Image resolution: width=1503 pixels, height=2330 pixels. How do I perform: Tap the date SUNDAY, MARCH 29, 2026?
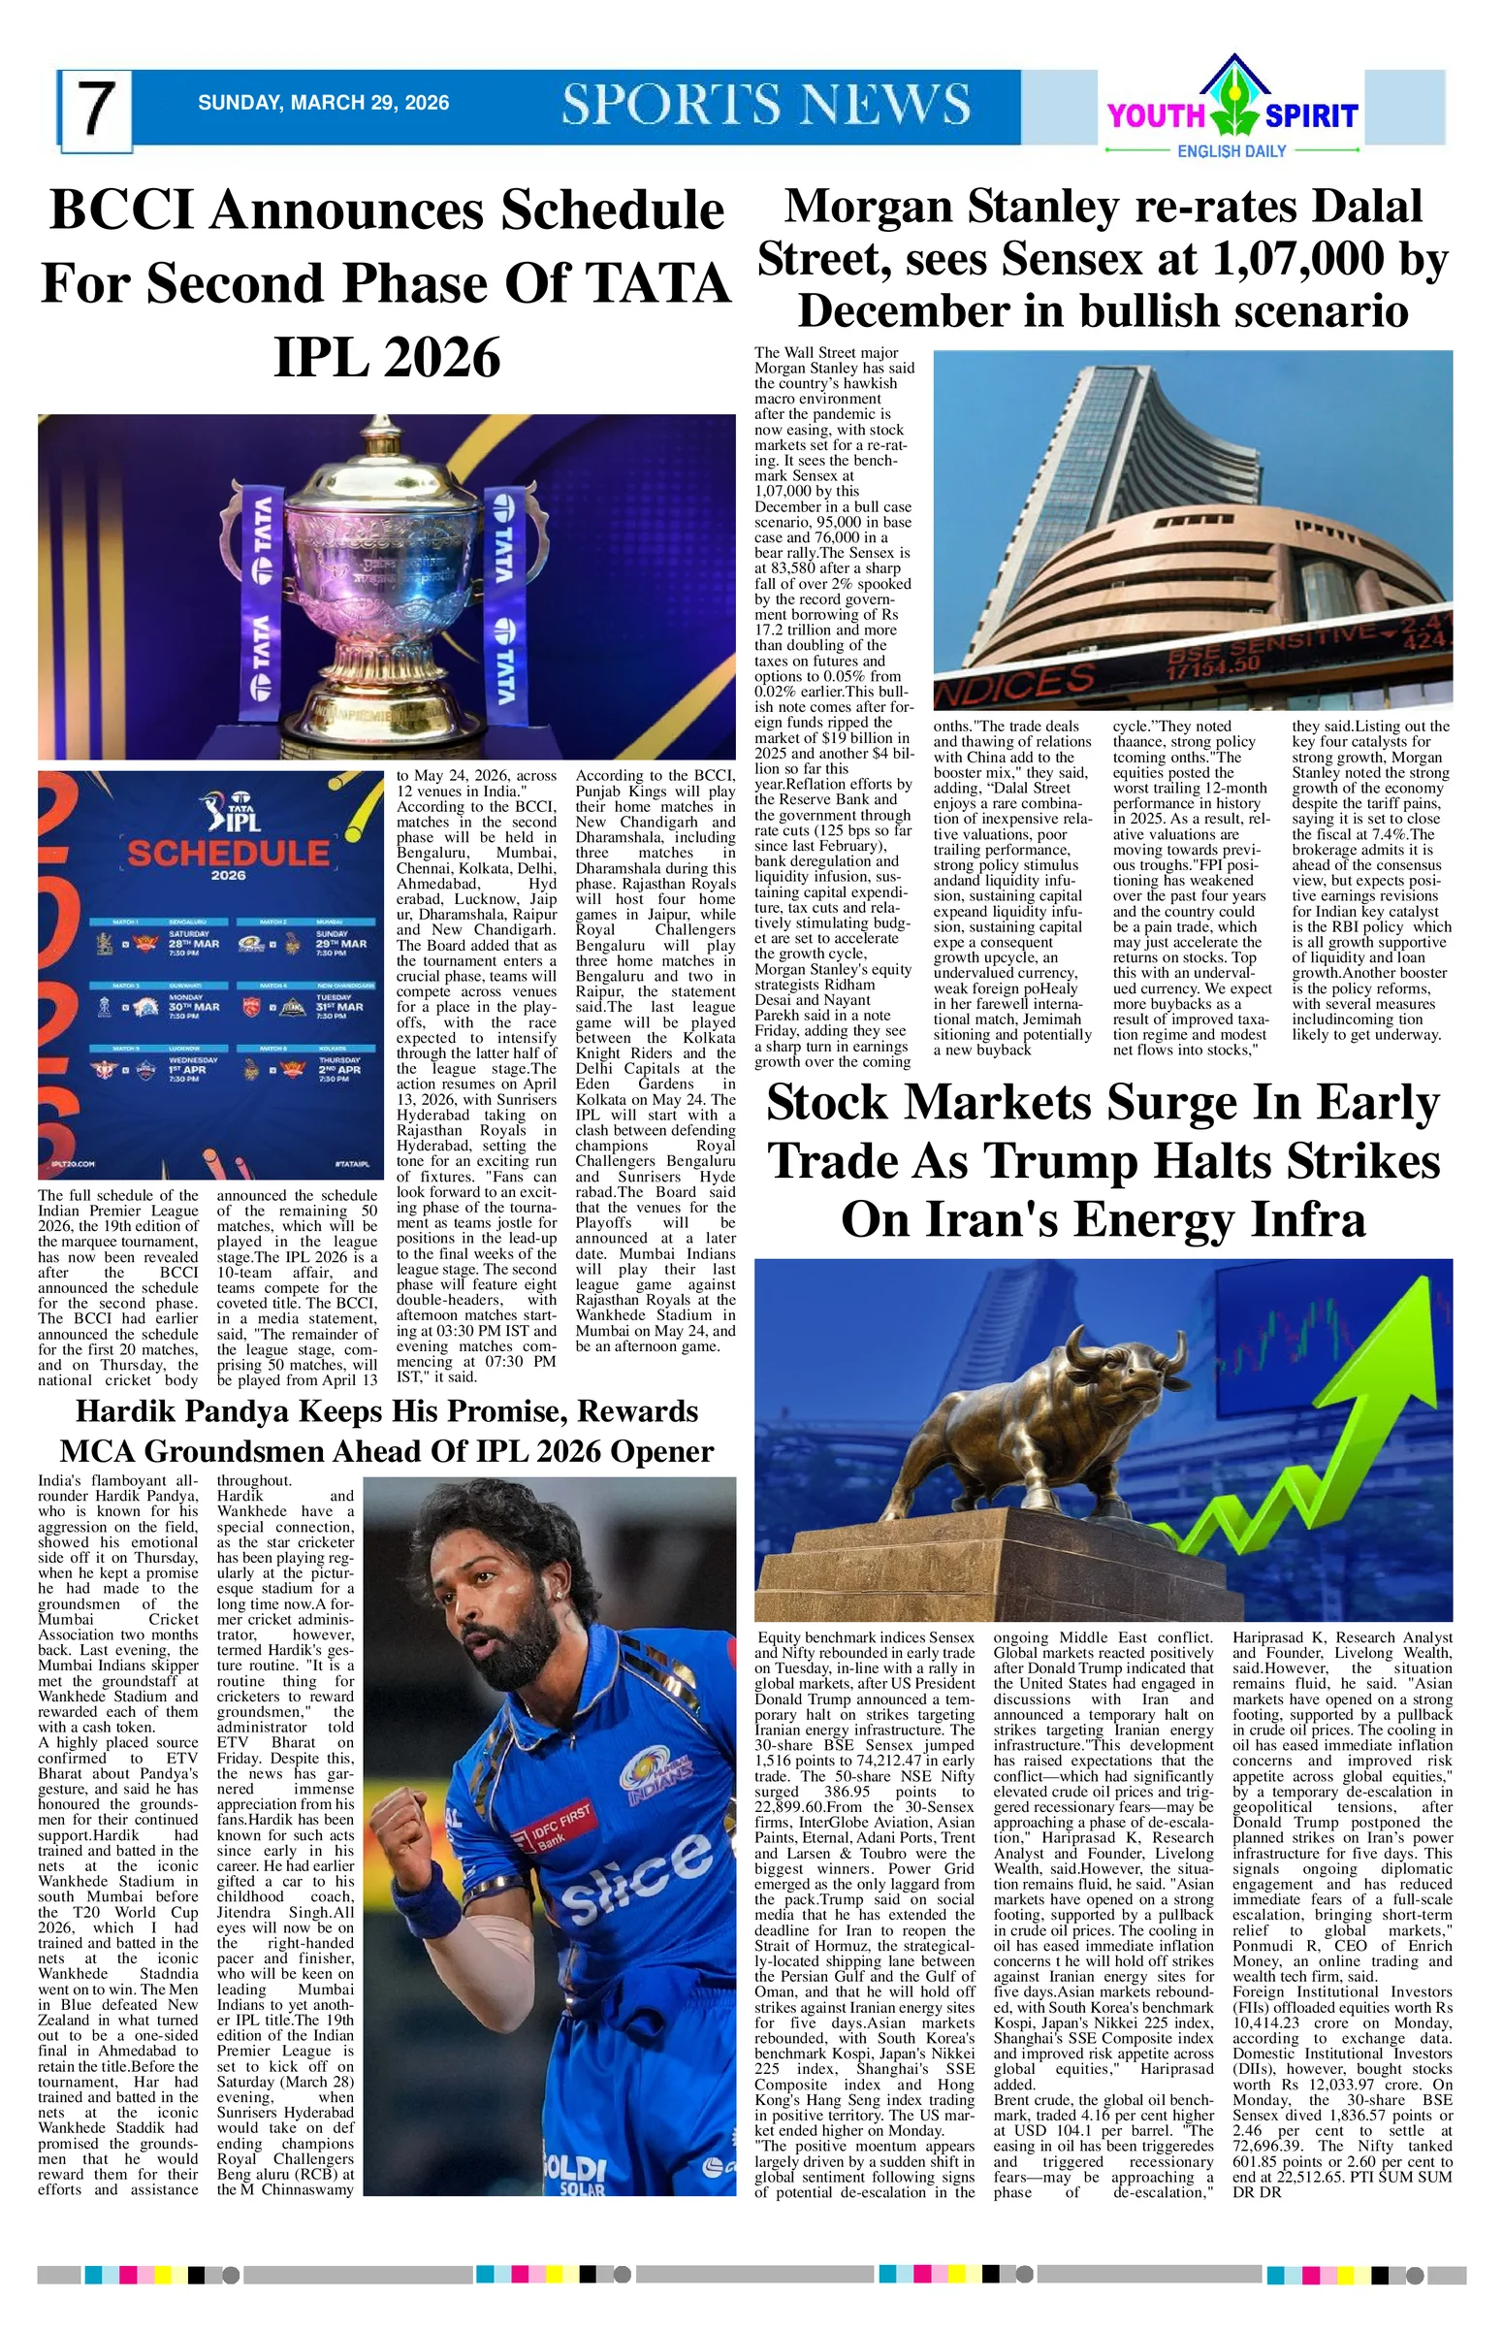click(x=323, y=103)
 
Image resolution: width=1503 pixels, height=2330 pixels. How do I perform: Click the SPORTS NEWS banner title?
click(x=766, y=105)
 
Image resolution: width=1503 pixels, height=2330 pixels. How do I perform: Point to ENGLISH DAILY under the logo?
click(x=1231, y=151)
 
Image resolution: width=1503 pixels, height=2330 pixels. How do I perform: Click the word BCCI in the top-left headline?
click(x=122, y=210)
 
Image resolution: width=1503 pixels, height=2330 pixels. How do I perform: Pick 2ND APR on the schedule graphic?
click(x=339, y=1069)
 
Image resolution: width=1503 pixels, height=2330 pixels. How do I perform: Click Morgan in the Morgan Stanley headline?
click(x=872, y=207)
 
